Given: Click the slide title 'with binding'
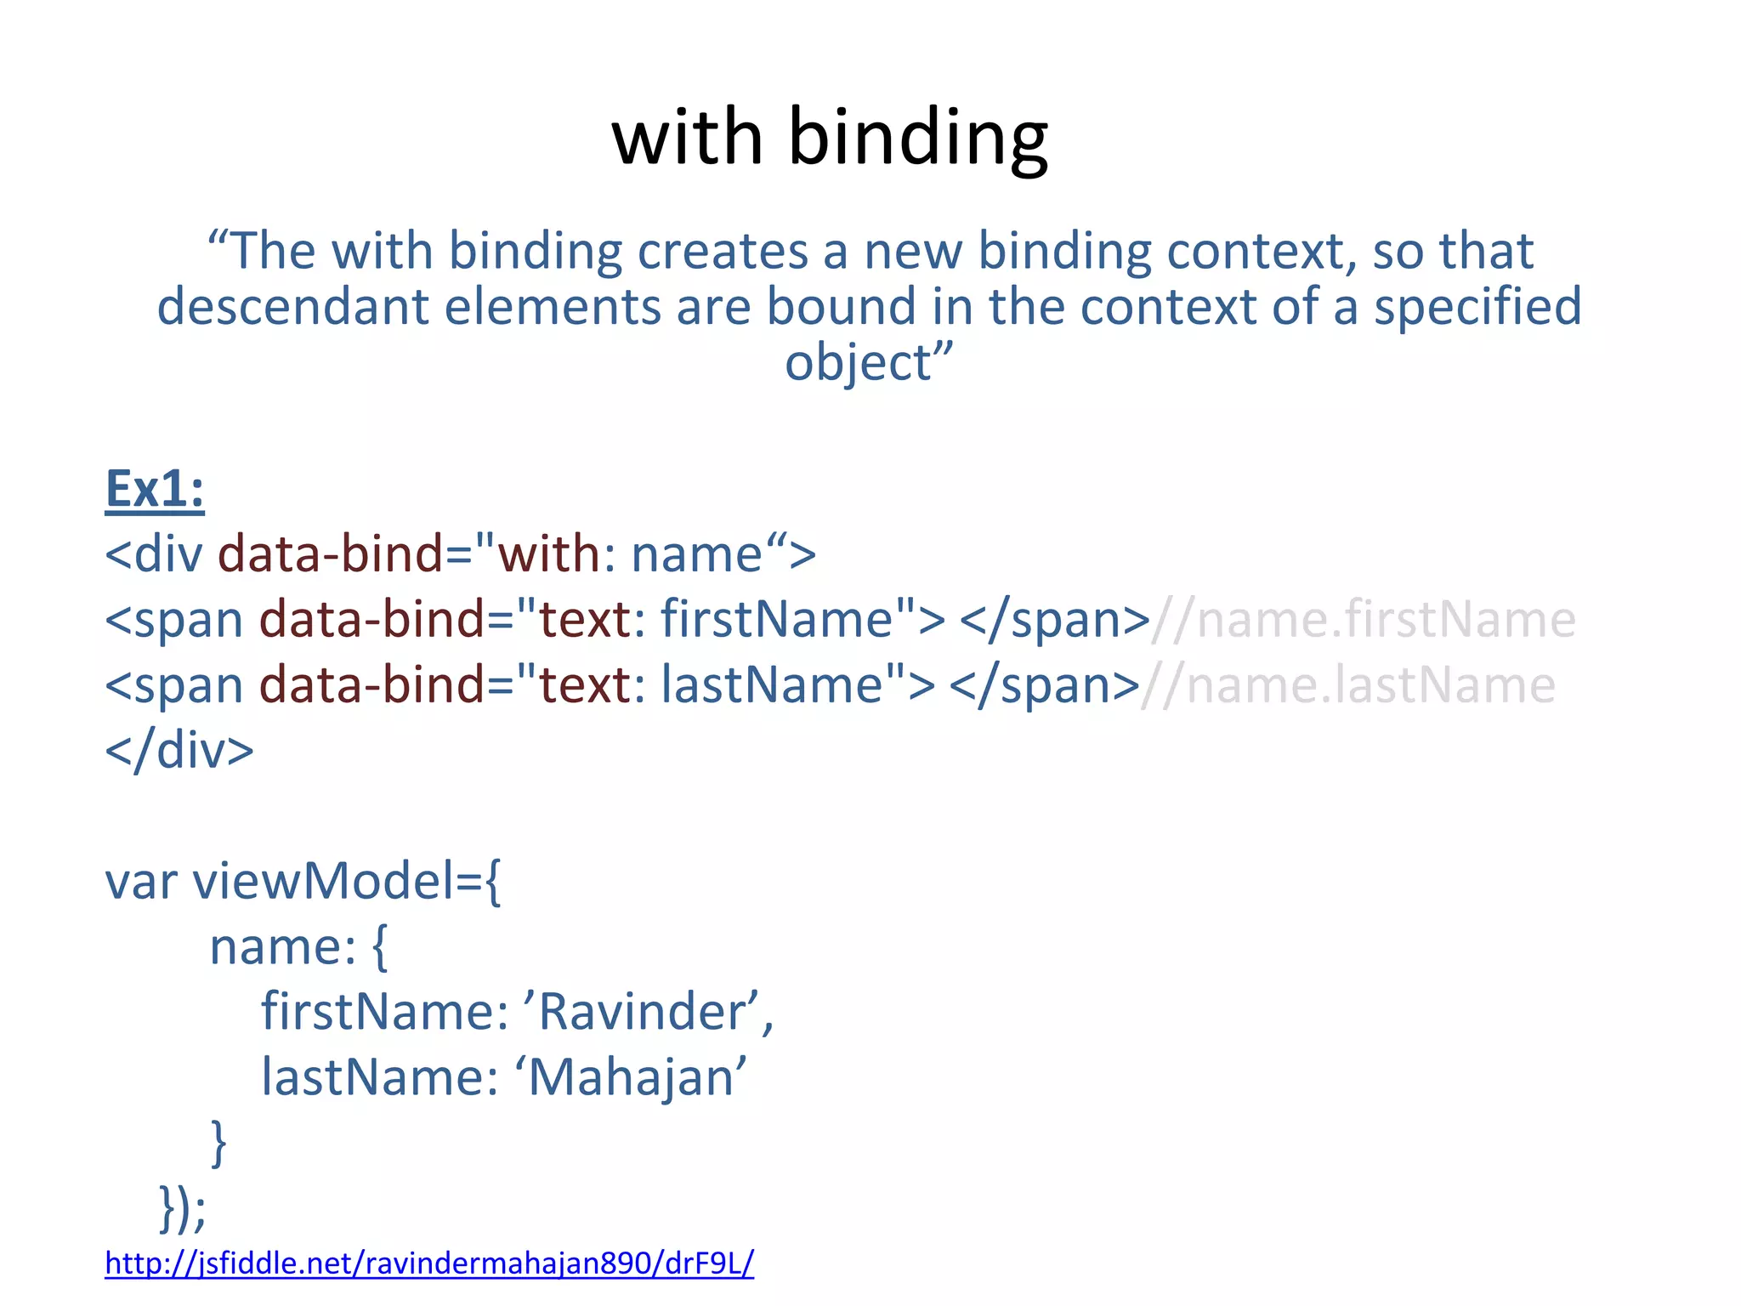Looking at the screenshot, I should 830,138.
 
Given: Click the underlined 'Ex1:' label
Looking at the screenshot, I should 155,490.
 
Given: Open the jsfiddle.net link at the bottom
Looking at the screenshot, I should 429,1263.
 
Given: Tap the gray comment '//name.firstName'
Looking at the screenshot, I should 1364,620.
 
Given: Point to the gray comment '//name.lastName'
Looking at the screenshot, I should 1348,685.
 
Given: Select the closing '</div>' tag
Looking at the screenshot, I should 179,751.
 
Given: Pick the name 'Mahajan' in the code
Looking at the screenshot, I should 631,1077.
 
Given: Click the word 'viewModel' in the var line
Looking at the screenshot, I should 323,881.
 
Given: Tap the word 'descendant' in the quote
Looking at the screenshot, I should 292,307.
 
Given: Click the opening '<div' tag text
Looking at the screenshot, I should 154,554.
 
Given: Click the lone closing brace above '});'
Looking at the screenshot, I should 218,1142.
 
